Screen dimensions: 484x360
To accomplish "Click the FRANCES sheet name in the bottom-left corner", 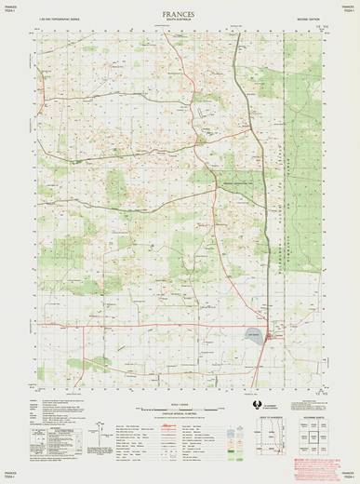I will click(12, 476).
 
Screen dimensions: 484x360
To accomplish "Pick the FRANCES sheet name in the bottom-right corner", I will click(348, 476).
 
